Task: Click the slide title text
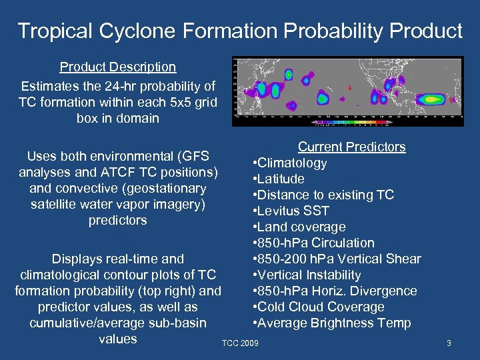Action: click(240, 31)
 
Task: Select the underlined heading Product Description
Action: click(118, 67)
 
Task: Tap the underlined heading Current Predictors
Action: click(351, 147)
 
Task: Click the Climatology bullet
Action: click(289, 163)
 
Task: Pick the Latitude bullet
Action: click(279, 179)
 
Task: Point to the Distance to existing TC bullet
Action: click(323, 195)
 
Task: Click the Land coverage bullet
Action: click(299, 227)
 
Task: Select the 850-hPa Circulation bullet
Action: click(313, 243)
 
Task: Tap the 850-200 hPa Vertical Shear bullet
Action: click(337, 259)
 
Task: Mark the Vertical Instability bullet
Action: click(307, 275)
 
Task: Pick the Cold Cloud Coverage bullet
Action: click(318, 307)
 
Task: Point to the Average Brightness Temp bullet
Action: click(331, 323)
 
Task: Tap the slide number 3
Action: click(449, 343)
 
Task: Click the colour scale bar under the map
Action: click(353, 122)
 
